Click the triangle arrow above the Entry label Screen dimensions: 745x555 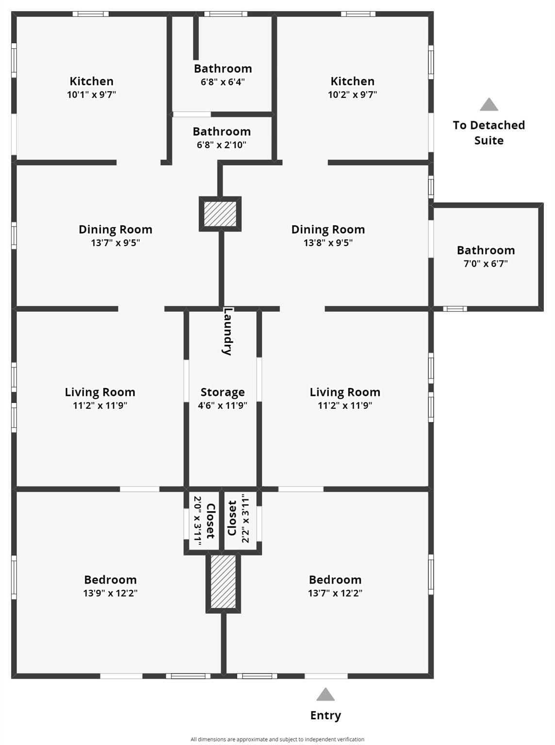[326, 695]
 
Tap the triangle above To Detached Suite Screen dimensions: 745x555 [489, 105]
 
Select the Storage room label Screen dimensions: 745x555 [223, 392]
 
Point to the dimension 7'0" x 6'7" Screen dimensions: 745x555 [486, 264]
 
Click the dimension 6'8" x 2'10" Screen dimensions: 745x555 [222, 145]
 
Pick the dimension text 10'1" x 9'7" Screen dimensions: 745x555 [92, 95]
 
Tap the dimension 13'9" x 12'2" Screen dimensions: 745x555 [110, 593]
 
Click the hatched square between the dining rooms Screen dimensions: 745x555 [220, 214]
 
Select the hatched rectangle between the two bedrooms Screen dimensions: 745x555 [223, 582]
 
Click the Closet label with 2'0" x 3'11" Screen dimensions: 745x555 [211, 521]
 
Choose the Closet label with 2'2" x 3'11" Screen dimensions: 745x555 [232, 518]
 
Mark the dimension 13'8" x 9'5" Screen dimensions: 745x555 [328, 243]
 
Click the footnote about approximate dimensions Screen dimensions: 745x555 [277, 739]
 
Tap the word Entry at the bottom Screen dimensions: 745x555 [326, 715]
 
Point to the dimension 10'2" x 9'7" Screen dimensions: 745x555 [352, 95]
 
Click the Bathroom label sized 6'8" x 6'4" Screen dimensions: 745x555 [223, 68]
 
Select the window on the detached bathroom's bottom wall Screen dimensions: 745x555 [455, 308]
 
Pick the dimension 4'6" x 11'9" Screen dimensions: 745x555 [223, 405]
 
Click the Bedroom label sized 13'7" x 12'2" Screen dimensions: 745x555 [335, 580]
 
